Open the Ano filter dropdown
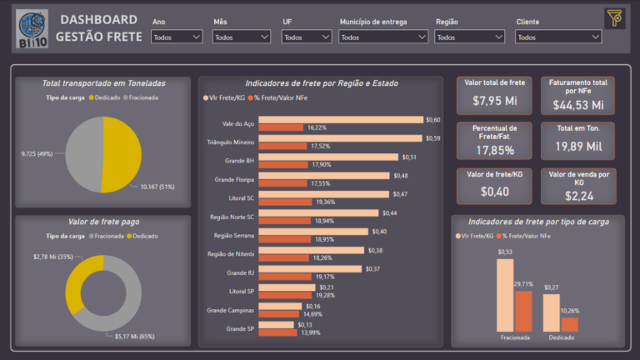[x=177, y=37]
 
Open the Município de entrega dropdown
[x=383, y=37]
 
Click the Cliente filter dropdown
[x=558, y=37]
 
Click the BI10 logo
[x=32, y=27]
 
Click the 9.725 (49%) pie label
[x=37, y=154]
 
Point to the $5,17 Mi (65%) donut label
[x=133, y=336]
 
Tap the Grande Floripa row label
[x=234, y=179]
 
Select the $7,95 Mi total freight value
[x=493, y=101]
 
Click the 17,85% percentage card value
[x=493, y=151]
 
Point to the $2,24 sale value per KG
[x=579, y=196]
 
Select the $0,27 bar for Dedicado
[x=552, y=312]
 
